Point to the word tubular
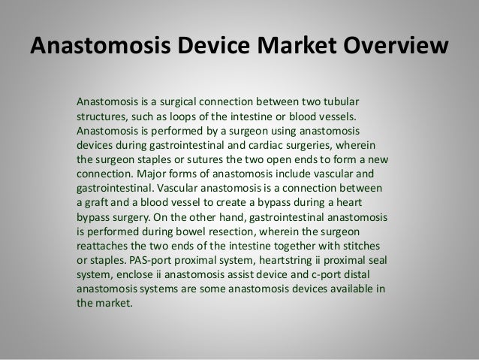pyautogui.click(x=361, y=101)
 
